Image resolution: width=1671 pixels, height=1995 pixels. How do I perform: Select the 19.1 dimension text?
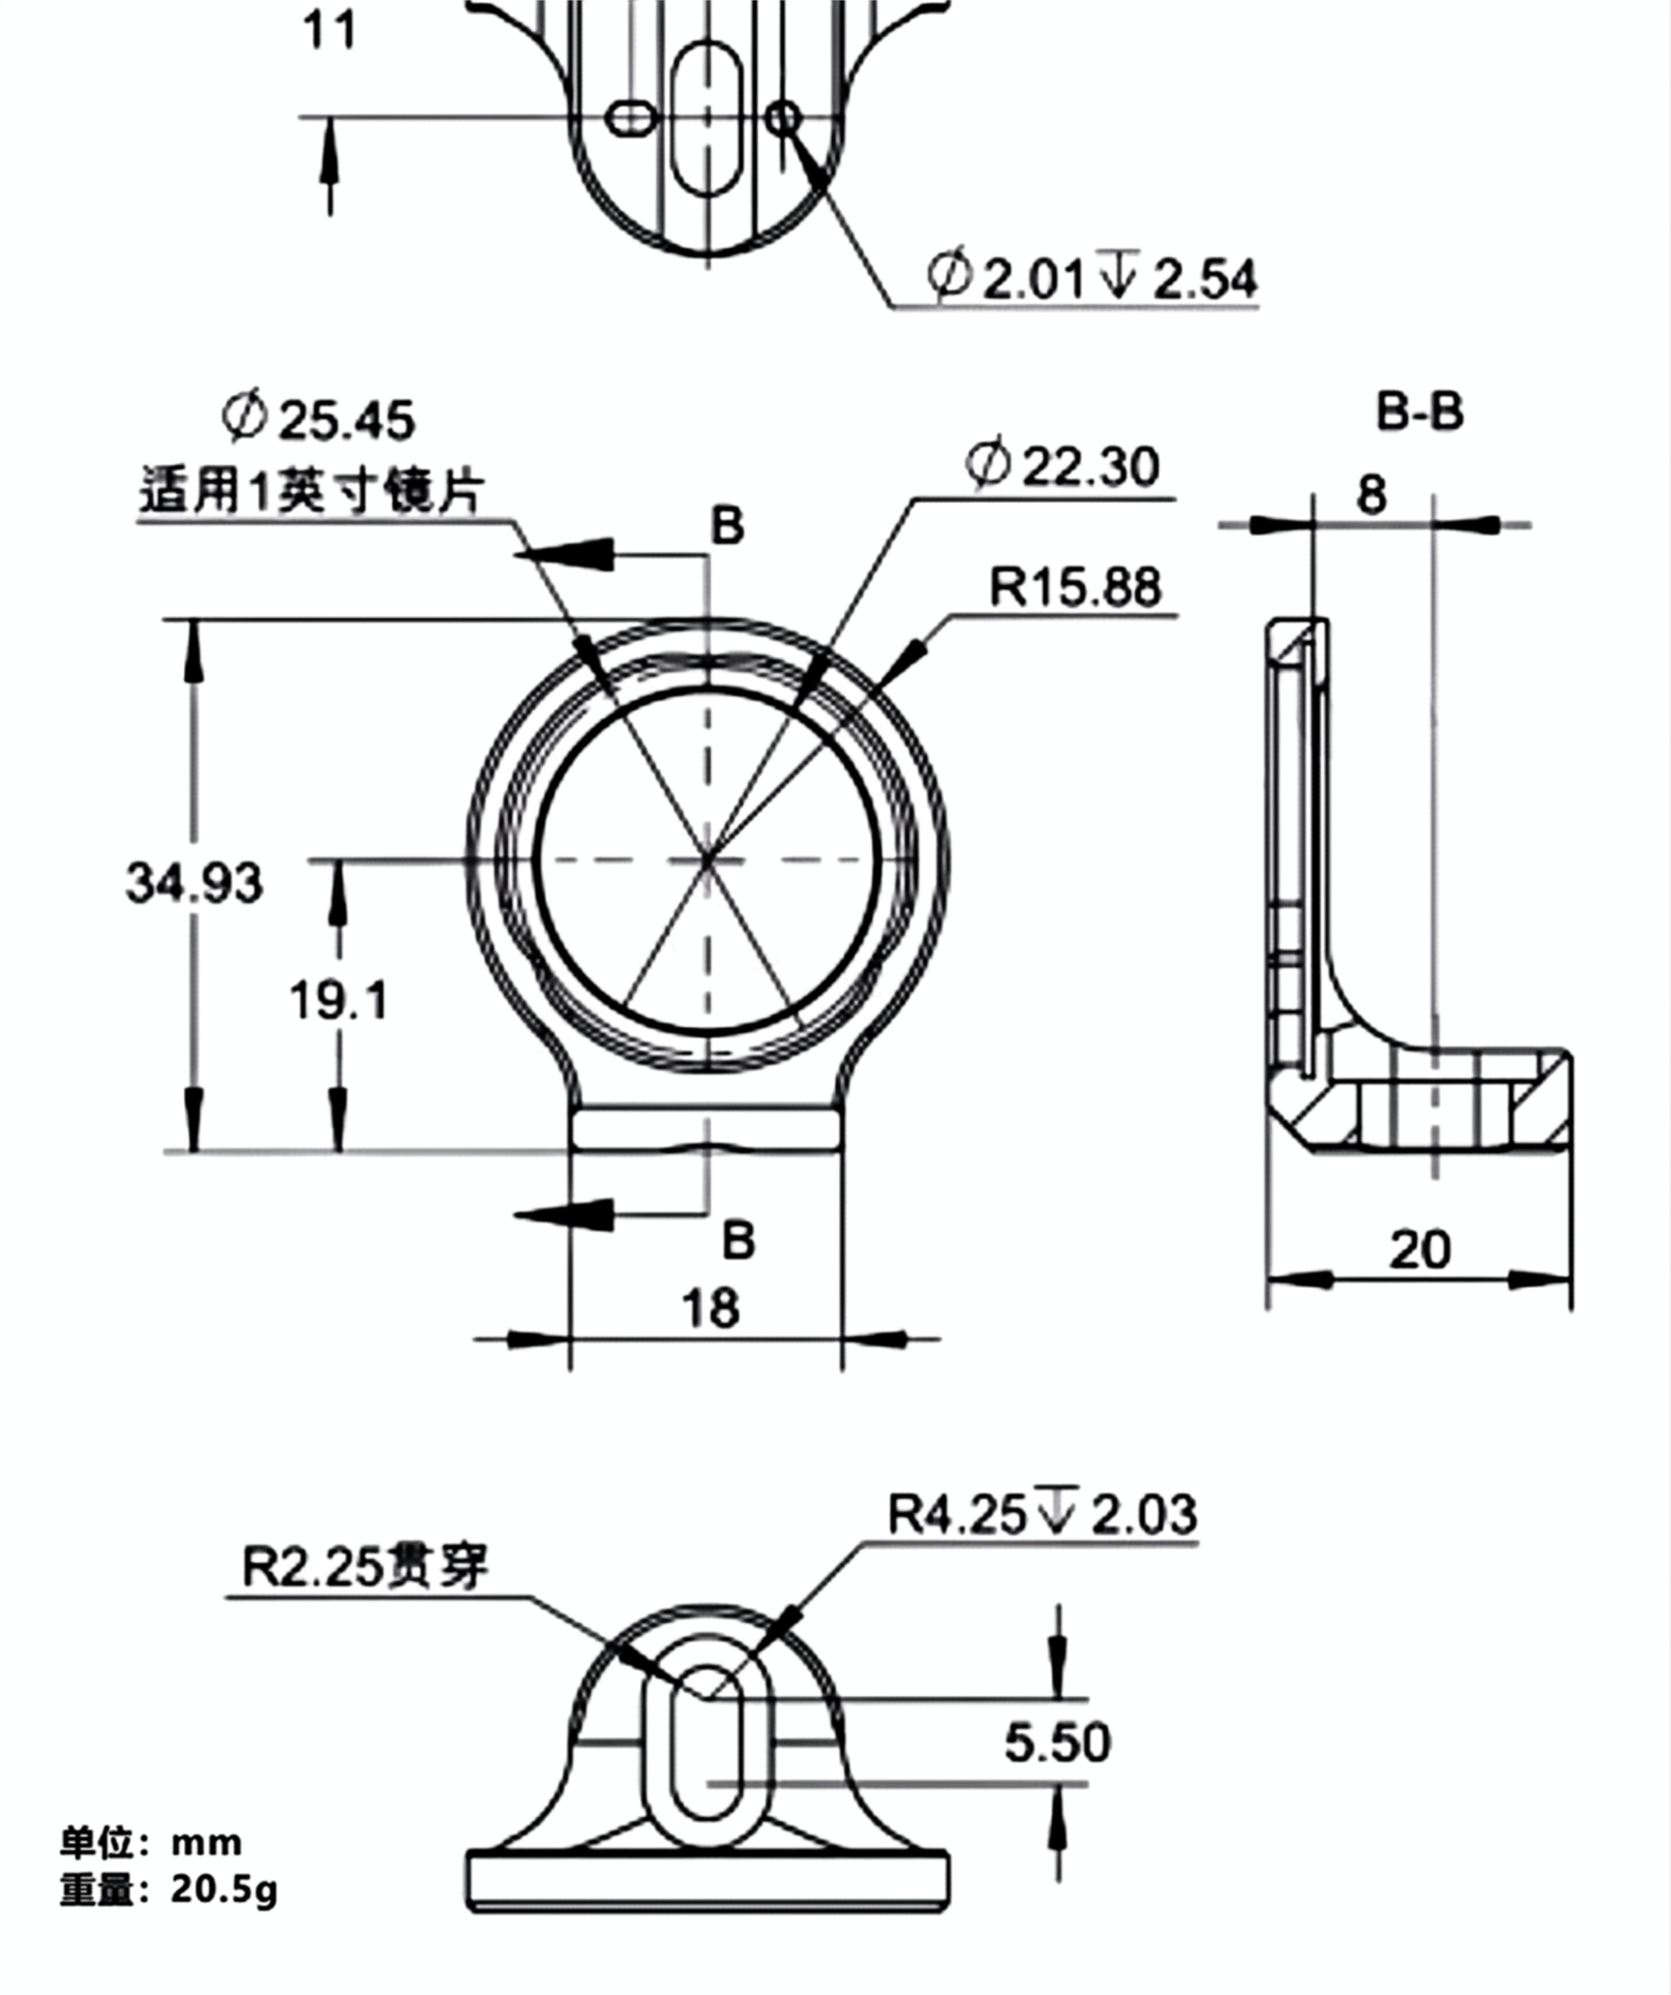pyautogui.click(x=339, y=1002)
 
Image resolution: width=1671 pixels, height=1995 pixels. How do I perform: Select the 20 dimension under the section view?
pyautogui.click(x=1420, y=1250)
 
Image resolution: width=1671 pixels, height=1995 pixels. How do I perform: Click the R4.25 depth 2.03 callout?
pyautogui.click(x=1042, y=1514)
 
